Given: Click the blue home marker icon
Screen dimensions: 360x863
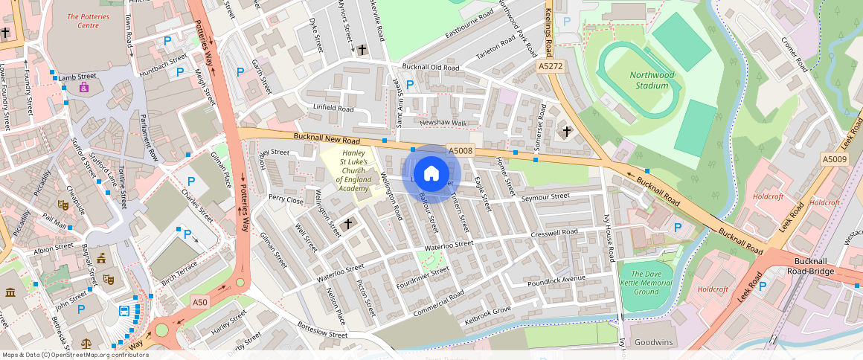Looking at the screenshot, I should [x=431, y=174].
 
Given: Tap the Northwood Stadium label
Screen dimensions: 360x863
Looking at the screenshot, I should [x=652, y=80].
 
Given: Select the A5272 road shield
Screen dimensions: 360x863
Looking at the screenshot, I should [x=550, y=66].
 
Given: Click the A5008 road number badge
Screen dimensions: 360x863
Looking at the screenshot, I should [x=461, y=151].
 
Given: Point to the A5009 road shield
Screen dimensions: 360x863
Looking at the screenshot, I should [x=834, y=159].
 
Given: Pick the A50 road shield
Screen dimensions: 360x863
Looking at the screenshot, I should [x=199, y=302].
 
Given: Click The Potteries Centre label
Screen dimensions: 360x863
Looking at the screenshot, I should [x=93, y=20].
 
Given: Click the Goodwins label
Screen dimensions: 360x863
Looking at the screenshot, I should [x=652, y=343].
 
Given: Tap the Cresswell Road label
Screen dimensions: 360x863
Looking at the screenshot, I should [x=554, y=232].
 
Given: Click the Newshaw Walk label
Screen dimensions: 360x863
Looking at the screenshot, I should [x=443, y=123].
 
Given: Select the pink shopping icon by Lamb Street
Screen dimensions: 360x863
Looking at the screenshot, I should [x=84, y=89].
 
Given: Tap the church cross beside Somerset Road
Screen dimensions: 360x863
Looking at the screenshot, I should [x=566, y=131].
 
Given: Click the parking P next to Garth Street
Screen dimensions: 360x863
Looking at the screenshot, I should [x=240, y=72].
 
